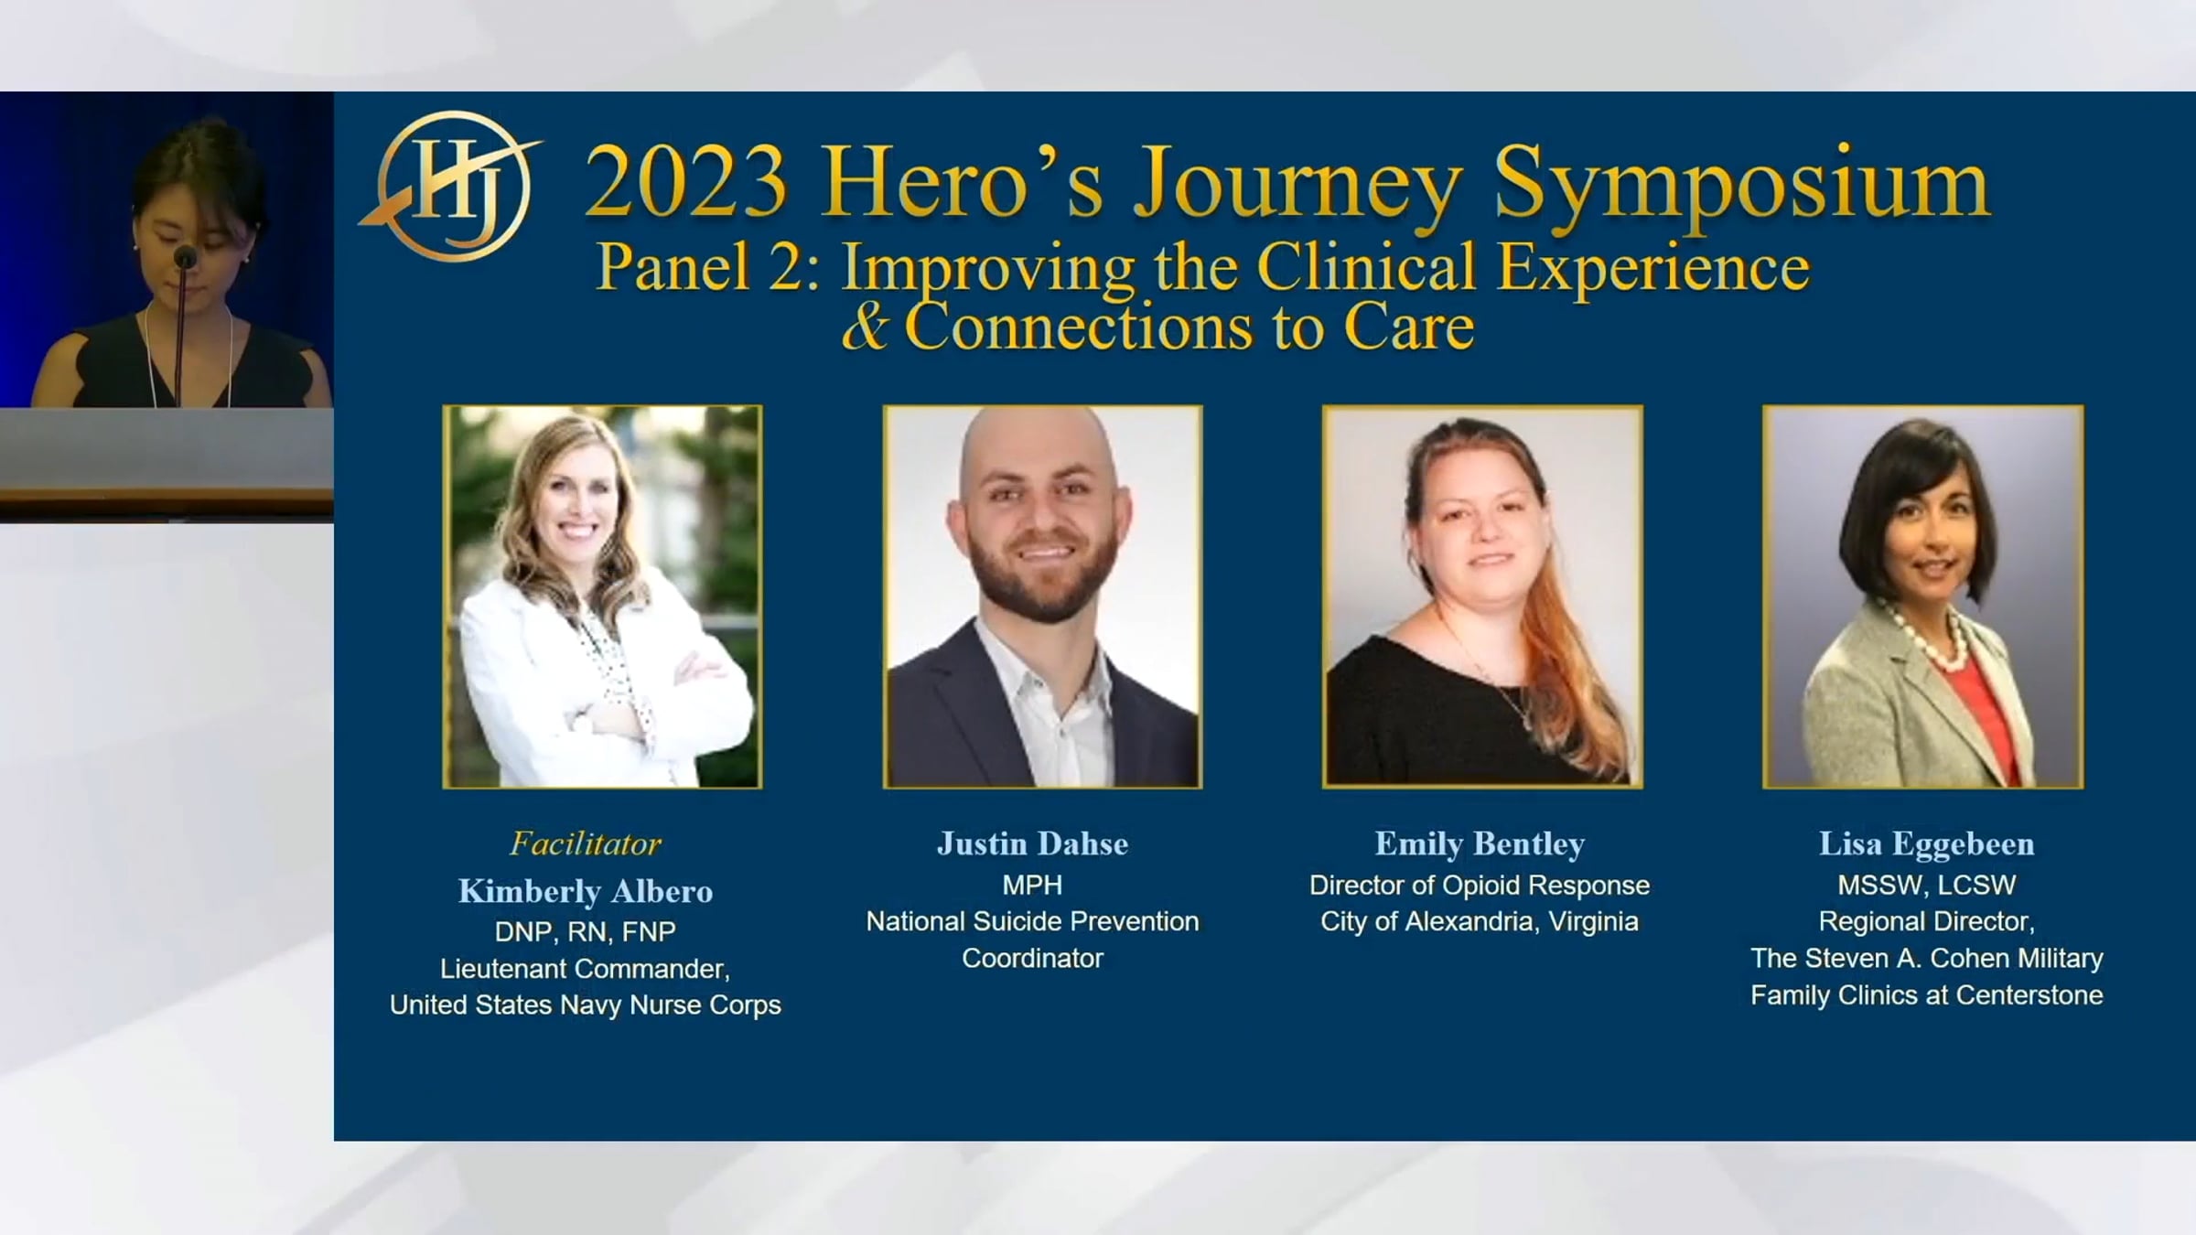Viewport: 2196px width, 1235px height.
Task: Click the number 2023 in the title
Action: point(686,183)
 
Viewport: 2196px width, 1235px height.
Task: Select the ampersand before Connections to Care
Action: point(865,328)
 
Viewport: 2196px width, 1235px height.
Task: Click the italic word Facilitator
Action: point(586,843)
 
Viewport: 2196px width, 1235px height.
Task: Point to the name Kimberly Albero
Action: point(586,891)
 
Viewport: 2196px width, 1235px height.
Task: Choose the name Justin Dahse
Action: point(1032,843)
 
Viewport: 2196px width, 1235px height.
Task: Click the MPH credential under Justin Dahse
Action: point(1032,886)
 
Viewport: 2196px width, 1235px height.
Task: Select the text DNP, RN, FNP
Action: point(586,932)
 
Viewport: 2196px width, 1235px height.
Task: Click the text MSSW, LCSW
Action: point(1926,886)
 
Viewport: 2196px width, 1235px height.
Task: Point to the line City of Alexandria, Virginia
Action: point(1480,922)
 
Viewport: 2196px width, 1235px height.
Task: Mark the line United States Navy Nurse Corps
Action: point(586,1005)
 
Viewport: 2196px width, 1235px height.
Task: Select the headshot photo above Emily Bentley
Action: point(1482,596)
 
